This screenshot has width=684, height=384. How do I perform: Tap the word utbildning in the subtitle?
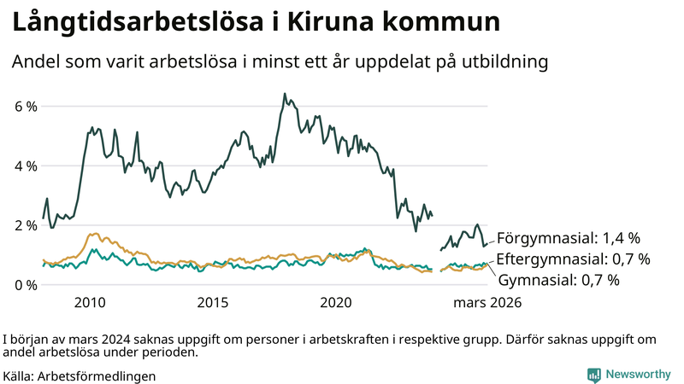click(x=504, y=62)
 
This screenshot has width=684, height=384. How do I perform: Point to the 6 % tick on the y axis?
click(x=25, y=107)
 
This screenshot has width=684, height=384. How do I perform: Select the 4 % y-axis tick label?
click(x=25, y=166)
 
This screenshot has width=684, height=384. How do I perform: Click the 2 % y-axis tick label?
click(x=25, y=225)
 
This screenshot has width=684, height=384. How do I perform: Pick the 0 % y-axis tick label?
click(x=25, y=284)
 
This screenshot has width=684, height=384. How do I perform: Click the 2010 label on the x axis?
click(x=90, y=303)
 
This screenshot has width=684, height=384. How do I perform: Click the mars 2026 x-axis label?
click(x=487, y=303)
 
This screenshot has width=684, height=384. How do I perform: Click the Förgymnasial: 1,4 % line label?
click(x=569, y=238)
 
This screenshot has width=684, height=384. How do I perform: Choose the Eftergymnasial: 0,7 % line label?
click(x=573, y=259)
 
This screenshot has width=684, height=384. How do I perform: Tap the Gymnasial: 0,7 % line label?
click(x=558, y=279)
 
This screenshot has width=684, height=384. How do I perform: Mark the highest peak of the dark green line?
click(x=284, y=94)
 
